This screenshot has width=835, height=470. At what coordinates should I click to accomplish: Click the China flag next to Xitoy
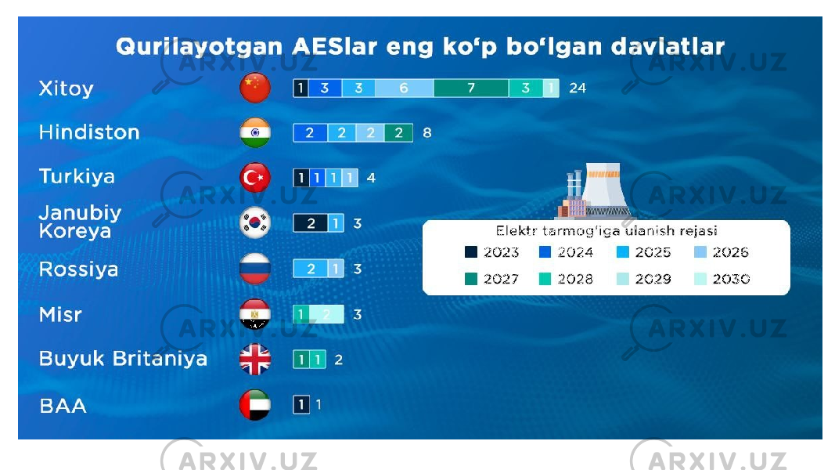click(x=255, y=88)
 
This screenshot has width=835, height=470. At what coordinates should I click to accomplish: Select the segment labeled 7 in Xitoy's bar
click(x=471, y=88)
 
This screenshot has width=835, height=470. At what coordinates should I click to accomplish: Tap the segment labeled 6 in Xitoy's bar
click(x=404, y=88)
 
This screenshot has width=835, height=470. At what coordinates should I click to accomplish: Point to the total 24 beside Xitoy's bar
click(x=578, y=88)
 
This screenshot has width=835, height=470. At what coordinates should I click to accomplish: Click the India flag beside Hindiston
click(x=255, y=132)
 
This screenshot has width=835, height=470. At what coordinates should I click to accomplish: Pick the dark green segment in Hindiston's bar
click(x=398, y=132)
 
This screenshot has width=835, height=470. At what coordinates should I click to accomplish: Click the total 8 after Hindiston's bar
click(x=427, y=132)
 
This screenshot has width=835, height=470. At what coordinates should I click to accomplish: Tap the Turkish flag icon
click(x=255, y=178)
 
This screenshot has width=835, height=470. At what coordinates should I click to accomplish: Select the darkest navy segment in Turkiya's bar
click(x=301, y=178)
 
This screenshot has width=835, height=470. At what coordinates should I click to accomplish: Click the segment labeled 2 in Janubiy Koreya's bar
click(x=311, y=223)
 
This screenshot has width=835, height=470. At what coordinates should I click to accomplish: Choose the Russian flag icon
click(x=255, y=269)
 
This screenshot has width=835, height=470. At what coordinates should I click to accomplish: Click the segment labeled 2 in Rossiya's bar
click(x=311, y=269)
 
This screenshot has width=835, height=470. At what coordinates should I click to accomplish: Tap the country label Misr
click(x=61, y=314)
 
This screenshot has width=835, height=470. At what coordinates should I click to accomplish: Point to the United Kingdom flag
click(x=255, y=360)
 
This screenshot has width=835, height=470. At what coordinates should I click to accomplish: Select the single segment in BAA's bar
click(x=301, y=405)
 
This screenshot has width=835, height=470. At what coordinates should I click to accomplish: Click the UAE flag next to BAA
click(x=255, y=405)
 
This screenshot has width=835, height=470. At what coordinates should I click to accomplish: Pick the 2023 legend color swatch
click(x=471, y=252)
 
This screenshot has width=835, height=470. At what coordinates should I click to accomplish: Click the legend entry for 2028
click(x=566, y=279)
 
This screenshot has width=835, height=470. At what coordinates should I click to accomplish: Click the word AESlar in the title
click(x=335, y=46)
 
